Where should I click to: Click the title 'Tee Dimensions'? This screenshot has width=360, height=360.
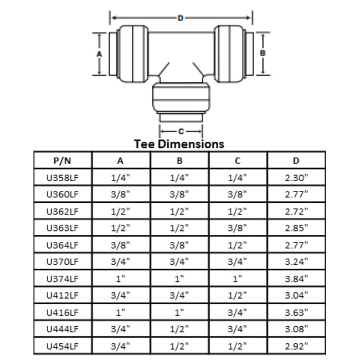tap(179, 144)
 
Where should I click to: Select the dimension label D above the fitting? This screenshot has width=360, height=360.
tap(180, 18)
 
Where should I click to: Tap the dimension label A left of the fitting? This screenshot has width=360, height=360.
tap(99, 54)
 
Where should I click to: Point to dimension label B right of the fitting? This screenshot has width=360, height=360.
tap(263, 53)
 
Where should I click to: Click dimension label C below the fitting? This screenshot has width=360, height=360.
tap(181, 131)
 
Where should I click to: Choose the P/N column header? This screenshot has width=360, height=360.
tap(63, 161)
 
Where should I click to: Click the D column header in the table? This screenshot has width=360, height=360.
tap(296, 161)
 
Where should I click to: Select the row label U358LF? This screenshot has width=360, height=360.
tap(63, 178)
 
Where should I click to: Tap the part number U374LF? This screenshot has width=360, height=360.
tap(63, 279)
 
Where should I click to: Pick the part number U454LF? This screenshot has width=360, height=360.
tap(63, 346)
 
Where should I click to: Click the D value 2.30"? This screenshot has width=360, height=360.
tap(296, 178)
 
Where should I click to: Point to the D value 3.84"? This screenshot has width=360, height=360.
tap(296, 279)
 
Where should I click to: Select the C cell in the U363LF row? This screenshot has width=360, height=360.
tap(238, 228)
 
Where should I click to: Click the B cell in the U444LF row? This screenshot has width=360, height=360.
tap(179, 329)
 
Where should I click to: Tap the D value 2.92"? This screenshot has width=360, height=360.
tap(296, 346)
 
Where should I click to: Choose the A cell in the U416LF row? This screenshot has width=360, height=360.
tap(121, 312)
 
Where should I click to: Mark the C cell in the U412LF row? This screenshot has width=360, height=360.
tap(238, 295)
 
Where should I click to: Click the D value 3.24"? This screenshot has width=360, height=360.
tap(296, 262)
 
